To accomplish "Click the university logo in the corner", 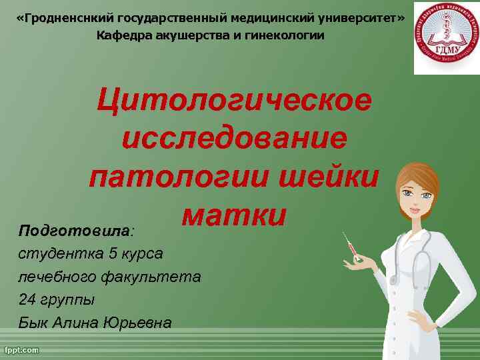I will (441, 37).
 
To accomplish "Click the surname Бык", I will (34, 323).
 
